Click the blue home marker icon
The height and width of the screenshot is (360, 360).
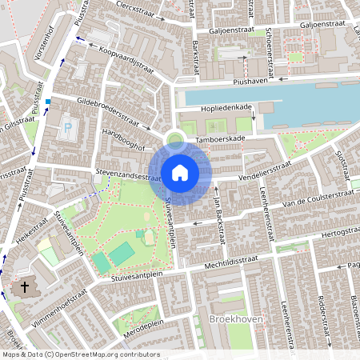click(x=179, y=172)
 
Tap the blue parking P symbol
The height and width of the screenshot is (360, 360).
click(x=66, y=127)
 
